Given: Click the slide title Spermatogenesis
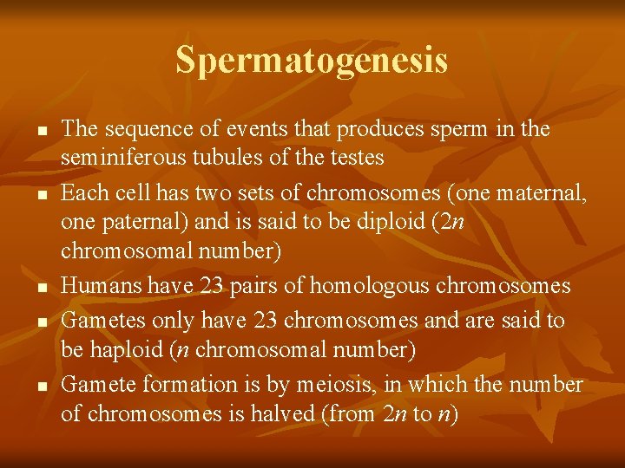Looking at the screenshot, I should coord(312,60).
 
